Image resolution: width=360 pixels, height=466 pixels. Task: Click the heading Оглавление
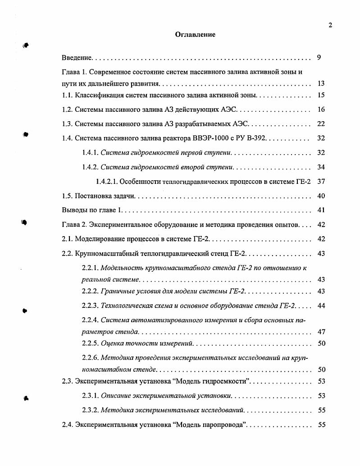pos(195,35)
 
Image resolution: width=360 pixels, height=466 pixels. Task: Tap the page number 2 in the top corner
pos(330,25)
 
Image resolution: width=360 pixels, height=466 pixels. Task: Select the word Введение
pos(77,58)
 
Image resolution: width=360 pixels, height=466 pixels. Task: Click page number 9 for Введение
pos(319,58)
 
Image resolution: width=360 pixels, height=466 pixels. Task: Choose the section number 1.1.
pos(67,95)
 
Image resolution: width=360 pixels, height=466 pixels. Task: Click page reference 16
pos(321,110)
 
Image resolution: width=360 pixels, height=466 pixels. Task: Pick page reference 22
pos(321,124)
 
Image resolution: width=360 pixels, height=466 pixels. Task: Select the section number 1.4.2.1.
pos(108,182)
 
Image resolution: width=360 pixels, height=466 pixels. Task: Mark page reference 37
pos(321,182)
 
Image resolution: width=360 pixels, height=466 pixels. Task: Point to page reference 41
pos(321,210)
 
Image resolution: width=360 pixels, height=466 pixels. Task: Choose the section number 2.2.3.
pos(90,306)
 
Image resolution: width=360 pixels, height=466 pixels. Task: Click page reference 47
pos(321,332)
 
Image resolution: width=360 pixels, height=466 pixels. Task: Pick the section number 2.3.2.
pos(90,410)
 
